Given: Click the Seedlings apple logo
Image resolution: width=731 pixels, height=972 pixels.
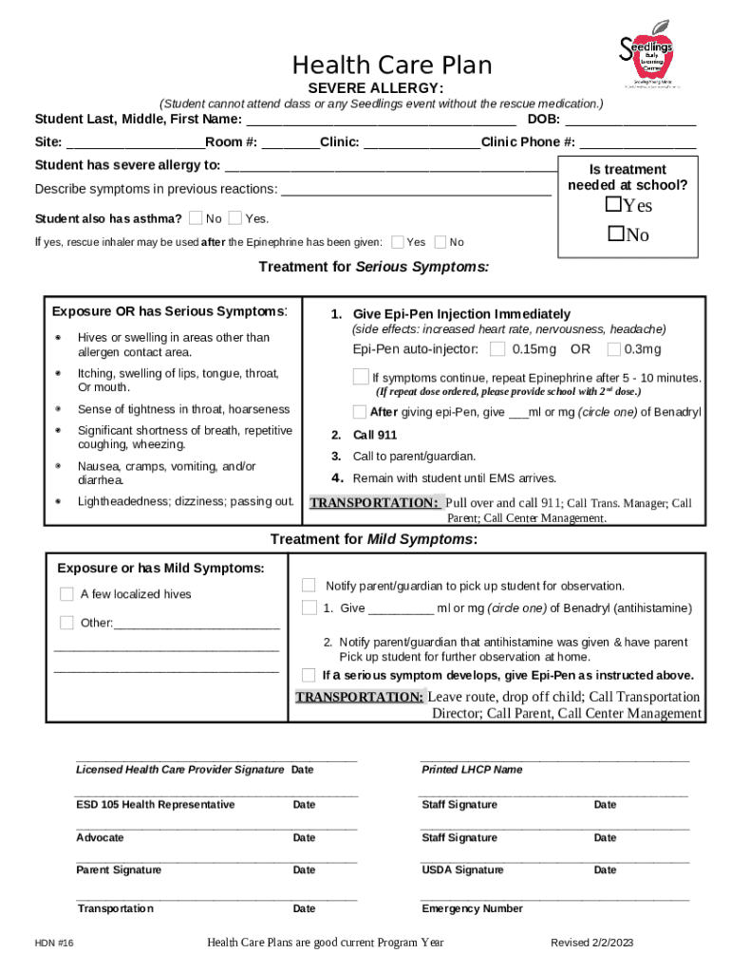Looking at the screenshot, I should pyautogui.click(x=645, y=55).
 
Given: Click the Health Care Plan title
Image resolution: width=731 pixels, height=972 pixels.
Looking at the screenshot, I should pyautogui.click(x=392, y=65).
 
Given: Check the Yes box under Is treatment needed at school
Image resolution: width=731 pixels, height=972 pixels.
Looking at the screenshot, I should pyautogui.click(x=613, y=205).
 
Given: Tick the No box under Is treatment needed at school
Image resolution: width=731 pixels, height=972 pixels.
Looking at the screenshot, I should pyautogui.click(x=613, y=234).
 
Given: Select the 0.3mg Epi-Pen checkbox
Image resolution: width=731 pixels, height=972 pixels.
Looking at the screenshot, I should pyautogui.click(x=614, y=349).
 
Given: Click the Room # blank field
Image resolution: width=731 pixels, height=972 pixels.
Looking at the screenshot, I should pyautogui.click(x=290, y=142).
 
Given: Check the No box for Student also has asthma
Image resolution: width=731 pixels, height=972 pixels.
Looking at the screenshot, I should pyautogui.click(x=196, y=218).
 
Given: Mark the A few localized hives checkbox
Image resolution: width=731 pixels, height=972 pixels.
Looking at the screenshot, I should pyautogui.click(x=66, y=594).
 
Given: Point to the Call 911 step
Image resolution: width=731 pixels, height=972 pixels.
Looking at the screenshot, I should pyautogui.click(x=374, y=435).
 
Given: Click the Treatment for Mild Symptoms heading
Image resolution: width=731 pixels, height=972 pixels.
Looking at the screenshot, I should pyautogui.click(x=373, y=539).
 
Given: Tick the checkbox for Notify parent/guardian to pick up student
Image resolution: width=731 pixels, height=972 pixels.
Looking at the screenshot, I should pyautogui.click(x=309, y=585).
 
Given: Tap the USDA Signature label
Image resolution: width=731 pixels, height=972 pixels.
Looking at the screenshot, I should pyautogui.click(x=462, y=870).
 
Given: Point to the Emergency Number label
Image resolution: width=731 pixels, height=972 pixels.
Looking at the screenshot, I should pyautogui.click(x=472, y=908).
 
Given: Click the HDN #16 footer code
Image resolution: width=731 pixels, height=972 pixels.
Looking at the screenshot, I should pyautogui.click(x=54, y=944).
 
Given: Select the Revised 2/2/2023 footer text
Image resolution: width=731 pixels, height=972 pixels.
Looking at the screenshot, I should pyautogui.click(x=591, y=943).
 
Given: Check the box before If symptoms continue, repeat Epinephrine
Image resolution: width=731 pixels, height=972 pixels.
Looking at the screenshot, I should pyautogui.click(x=361, y=377).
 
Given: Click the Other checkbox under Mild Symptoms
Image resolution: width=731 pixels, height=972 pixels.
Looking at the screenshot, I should pyautogui.click(x=66, y=623).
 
